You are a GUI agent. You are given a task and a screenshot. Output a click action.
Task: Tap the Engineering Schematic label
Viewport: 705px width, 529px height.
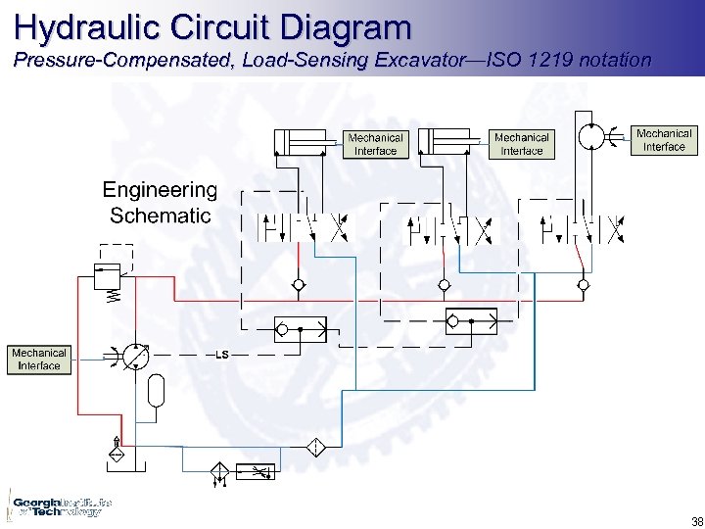coord(160,203)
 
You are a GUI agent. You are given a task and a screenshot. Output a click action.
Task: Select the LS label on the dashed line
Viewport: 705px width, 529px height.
coord(221,354)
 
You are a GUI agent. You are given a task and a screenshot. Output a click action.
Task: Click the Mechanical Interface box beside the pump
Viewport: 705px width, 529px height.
coord(39,360)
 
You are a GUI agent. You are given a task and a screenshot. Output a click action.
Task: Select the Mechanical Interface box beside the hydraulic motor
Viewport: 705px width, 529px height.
coord(664,140)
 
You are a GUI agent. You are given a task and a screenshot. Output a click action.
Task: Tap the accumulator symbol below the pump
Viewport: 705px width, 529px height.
coord(154,392)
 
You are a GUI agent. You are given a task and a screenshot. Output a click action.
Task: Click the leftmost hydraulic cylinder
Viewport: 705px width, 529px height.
coord(305,142)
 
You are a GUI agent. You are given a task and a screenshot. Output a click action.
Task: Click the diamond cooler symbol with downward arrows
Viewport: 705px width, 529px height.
coord(218,475)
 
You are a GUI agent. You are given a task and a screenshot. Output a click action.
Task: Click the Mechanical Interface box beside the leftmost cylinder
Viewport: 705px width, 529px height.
coord(375,144)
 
